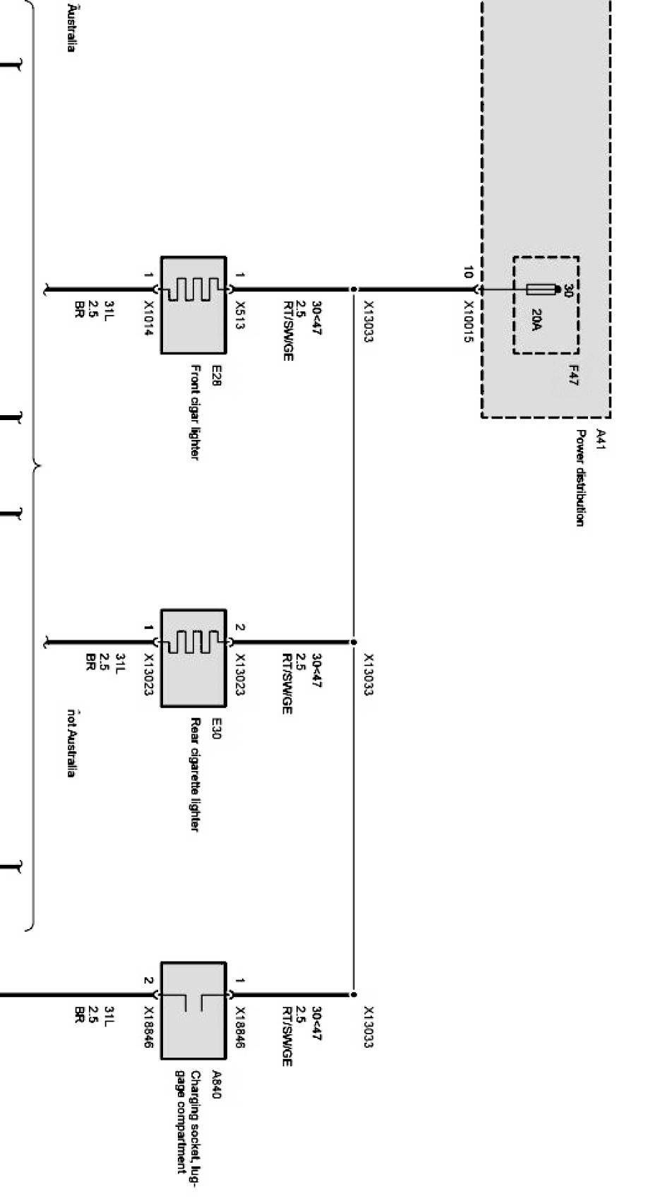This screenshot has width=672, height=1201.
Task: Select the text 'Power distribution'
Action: pos(580,478)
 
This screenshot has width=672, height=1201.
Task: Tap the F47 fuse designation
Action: pos(572,375)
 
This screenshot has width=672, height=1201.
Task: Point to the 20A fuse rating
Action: pos(536,321)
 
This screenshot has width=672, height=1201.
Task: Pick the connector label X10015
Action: pos(469,322)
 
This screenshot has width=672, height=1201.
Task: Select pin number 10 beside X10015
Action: pos(468,273)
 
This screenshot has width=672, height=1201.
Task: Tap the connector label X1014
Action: pos(149,318)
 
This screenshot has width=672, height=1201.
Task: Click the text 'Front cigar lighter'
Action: pos(196,412)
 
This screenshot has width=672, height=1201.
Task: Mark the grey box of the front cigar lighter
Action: pos(193,305)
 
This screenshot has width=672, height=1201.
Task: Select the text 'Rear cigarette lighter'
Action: pos(196,775)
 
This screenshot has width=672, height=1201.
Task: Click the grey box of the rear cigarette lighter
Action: pos(193,658)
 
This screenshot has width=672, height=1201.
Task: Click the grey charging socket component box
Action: pos(193,1010)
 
